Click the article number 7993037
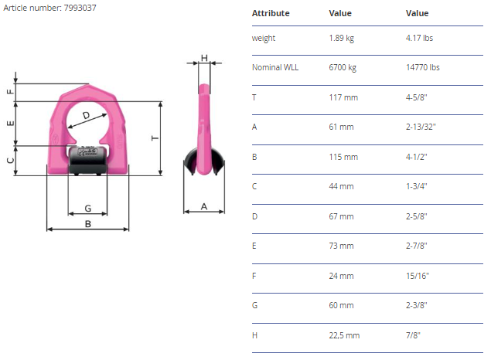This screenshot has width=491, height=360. pos(80,8)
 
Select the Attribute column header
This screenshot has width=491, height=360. pos(271,13)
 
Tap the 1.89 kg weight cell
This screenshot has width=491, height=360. pos(341,38)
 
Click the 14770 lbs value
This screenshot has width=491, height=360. pos(423,67)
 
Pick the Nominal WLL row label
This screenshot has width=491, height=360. pos(275,67)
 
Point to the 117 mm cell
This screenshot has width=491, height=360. pos(343,97)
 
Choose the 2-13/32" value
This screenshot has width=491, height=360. pos(421,127)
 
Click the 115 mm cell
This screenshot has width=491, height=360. pos(343,157)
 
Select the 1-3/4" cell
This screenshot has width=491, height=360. pos(417,186)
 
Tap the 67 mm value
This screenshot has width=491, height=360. pos(341,216)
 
